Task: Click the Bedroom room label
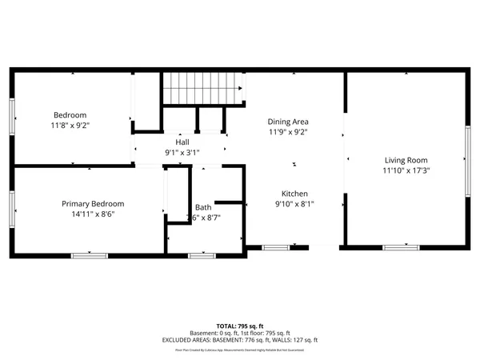tap(70, 115)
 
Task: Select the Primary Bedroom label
tap(93, 204)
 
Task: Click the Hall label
tap(182, 141)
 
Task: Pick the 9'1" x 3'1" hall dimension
tap(182, 152)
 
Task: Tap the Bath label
tap(203, 207)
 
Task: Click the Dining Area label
tap(288, 122)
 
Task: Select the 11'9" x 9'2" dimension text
tap(288, 133)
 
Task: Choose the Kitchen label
tap(294, 194)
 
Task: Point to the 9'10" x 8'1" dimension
tap(294, 205)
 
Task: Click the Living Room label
tap(406, 159)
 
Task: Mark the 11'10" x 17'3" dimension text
tap(406, 170)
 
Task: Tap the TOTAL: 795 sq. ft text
tap(239, 326)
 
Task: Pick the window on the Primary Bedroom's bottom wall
tap(90, 255)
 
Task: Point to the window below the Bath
tap(202, 255)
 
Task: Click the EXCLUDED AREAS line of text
tap(239, 340)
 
